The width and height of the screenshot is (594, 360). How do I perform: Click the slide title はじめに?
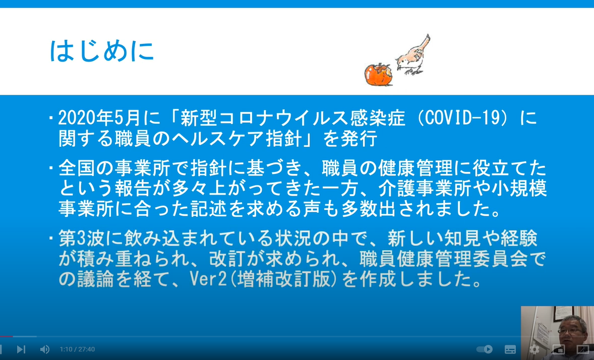(x=102, y=50)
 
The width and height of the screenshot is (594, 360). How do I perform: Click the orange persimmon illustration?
(x=379, y=75)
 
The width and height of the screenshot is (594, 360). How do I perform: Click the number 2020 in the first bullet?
(x=77, y=118)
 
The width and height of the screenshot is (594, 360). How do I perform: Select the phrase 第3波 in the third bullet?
(x=82, y=238)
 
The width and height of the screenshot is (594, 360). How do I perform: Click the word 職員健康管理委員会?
(x=444, y=259)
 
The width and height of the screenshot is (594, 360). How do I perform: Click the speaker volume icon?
(x=45, y=349)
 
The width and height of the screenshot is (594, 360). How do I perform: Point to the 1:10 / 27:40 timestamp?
(x=77, y=349)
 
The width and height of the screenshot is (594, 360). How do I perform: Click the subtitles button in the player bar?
(x=510, y=349)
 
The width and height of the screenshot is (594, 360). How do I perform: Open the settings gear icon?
(x=534, y=349)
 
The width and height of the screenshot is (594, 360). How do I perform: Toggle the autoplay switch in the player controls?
(x=485, y=349)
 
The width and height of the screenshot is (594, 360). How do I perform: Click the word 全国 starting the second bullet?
(x=77, y=168)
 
